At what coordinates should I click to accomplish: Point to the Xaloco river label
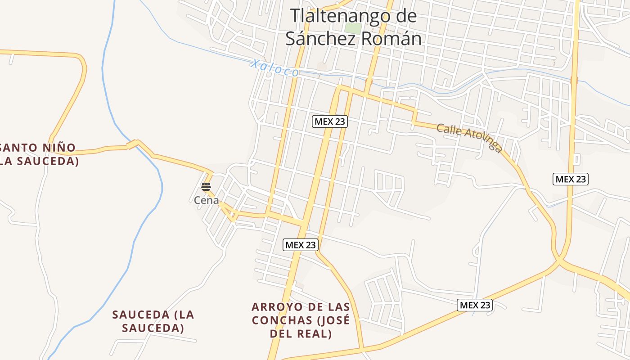pos(274,68)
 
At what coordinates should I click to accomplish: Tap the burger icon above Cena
pos(206,187)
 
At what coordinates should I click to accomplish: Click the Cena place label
pos(206,201)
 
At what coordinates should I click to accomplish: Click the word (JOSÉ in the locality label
pos(333,320)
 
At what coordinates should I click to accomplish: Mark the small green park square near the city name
pos(353,28)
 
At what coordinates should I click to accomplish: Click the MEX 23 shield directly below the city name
pos(330,121)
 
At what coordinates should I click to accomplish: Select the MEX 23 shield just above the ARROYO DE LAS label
pos(301,245)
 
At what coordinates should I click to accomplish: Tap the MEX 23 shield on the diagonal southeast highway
pos(474,305)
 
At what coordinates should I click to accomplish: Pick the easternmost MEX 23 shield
pos(570,179)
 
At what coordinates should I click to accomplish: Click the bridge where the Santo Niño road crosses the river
pos(132,144)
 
